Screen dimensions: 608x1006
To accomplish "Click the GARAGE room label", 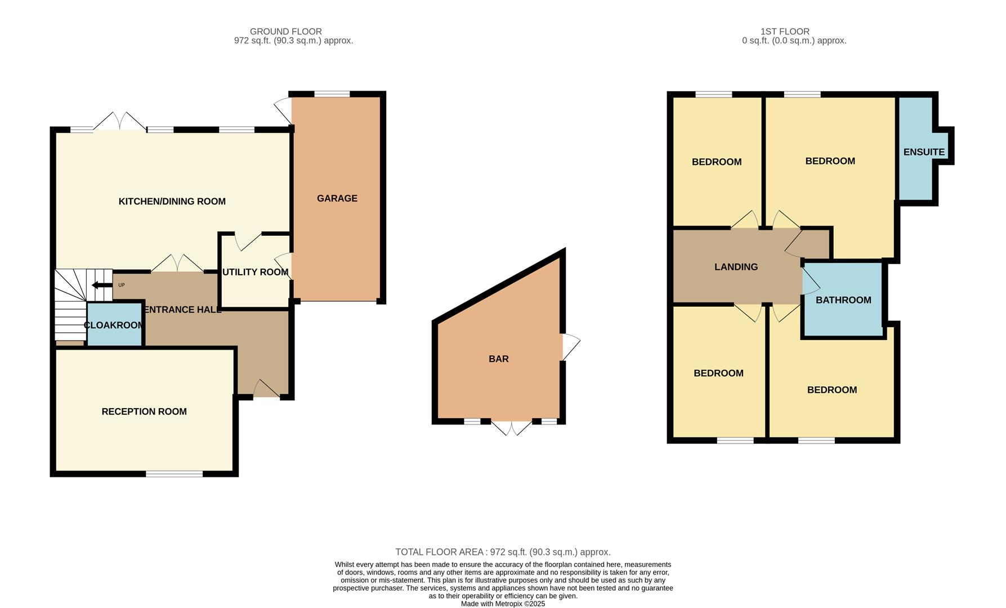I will [337, 198].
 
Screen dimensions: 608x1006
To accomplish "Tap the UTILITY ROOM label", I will [256, 272].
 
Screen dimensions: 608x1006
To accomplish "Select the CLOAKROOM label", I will [114, 325].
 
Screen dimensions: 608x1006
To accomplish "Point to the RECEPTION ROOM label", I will [144, 412].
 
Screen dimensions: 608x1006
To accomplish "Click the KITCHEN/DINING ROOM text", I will [172, 202].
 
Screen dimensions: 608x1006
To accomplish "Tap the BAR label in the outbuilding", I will [498, 359].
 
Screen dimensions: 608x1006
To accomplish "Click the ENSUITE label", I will [923, 152].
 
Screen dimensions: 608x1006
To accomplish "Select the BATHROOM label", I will [843, 300].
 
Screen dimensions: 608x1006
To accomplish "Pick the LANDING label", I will [736, 267].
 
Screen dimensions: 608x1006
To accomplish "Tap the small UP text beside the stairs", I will [121, 285].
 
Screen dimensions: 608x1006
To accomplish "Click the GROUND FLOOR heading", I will [285, 32].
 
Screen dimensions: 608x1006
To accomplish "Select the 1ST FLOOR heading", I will [784, 32].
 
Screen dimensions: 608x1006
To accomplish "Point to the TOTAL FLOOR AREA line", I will [502, 552].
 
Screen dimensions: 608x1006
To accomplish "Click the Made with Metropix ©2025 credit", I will [502, 603].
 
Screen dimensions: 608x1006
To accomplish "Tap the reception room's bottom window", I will [174, 474].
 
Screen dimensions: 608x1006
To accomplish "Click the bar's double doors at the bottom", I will [512, 426].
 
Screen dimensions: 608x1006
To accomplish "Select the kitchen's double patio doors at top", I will [119, 122].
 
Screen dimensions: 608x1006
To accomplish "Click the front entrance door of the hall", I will [265, 390].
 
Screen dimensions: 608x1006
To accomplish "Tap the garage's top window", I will [332, 94].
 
